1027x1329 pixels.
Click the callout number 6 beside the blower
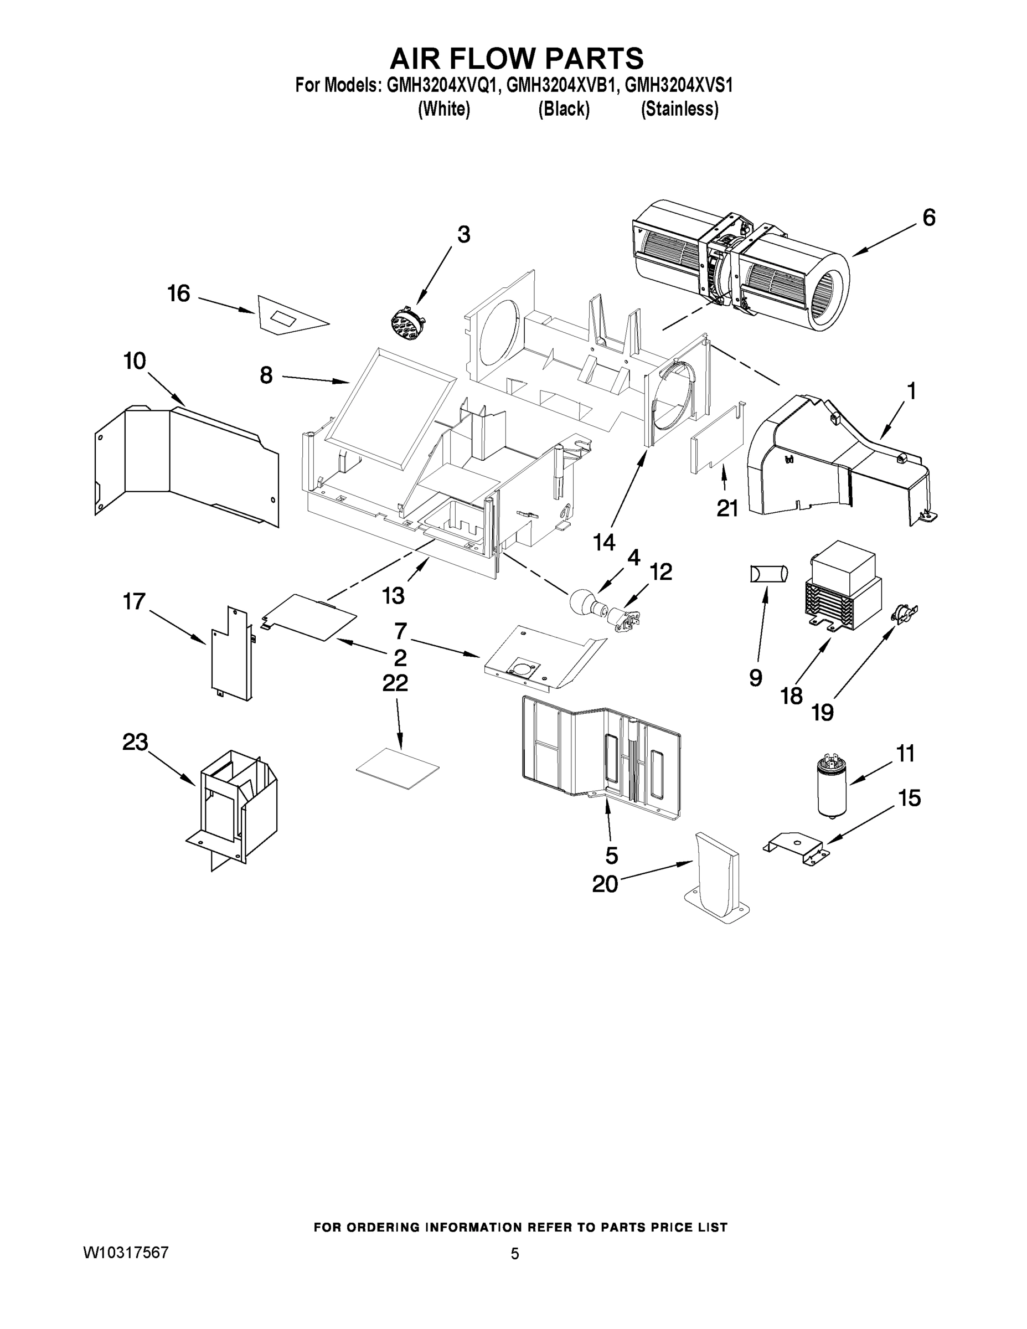(928, 218)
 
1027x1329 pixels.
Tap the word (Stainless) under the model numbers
(680, 110)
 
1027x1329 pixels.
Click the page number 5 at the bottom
(515, 1254)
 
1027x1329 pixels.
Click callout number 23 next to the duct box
(135, 743)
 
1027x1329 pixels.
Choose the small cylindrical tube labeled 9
(769, 574)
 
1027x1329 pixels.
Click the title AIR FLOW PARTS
(516, 58)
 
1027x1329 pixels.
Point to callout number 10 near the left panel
(135, 361)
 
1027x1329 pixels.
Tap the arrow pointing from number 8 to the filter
(315, 380)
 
